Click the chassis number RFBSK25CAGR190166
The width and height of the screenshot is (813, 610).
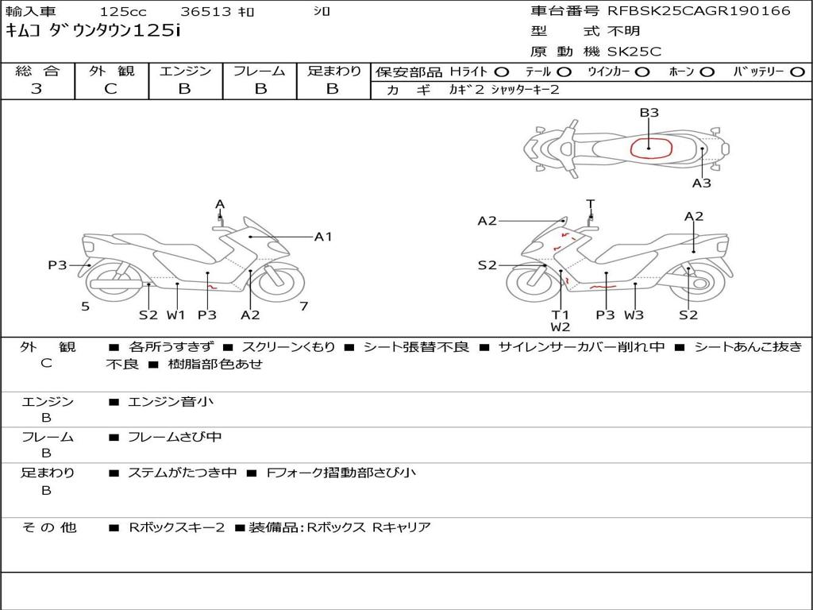699,11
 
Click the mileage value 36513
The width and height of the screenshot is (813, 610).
206,12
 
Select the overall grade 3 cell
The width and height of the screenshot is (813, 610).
37,89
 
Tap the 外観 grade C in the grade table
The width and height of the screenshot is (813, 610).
111,89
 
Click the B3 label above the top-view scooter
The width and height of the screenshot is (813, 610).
649,113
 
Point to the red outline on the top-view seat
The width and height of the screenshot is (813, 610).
651,148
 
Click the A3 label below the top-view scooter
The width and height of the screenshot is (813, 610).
701,183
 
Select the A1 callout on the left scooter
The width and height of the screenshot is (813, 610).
323,236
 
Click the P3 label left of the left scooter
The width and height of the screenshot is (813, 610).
57,265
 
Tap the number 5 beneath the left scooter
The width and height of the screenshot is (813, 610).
85,307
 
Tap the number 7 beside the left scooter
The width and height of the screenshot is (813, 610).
303,307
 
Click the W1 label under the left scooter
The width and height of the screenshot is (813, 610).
175,315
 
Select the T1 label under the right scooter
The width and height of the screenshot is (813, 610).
561,315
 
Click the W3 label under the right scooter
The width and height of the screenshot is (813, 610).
634,315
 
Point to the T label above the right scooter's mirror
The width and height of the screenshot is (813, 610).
590,203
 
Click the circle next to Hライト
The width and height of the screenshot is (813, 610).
502,71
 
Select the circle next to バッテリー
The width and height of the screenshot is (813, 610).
797,71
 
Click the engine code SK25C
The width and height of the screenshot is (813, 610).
634,52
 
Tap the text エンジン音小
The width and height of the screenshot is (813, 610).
171,402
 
